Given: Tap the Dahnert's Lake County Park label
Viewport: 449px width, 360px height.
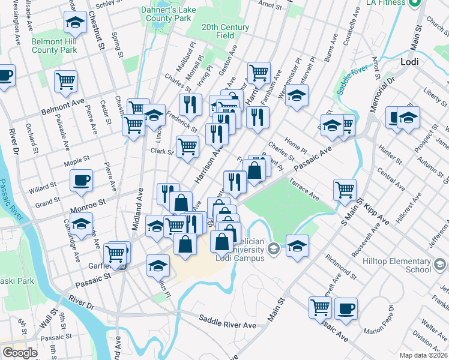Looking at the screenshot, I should [x=166, y=14].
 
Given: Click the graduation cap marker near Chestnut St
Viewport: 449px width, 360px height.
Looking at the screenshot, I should [x=75, y=24].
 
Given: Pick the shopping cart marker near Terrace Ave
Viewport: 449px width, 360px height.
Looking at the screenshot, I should [x=345, y=190].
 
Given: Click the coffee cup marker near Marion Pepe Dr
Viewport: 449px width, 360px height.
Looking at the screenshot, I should [x=345, y=308].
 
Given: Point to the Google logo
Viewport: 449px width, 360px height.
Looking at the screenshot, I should [x=20, y=352].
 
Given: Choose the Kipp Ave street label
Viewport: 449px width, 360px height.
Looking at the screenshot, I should [x=376, y=214].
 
